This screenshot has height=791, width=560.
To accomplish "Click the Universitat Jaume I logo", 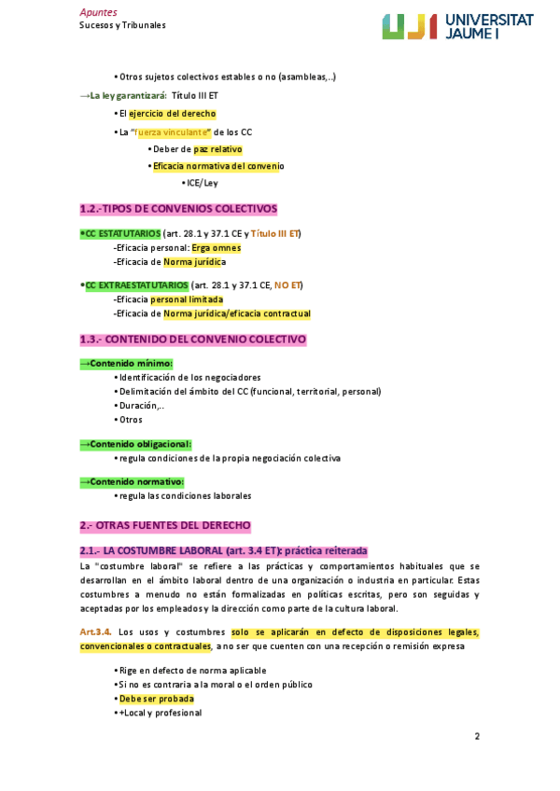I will click(456, 26).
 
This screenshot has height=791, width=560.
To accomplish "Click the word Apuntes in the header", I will click(98, 12).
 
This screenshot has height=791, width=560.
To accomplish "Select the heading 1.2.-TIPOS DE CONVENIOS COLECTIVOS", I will click(178, 208).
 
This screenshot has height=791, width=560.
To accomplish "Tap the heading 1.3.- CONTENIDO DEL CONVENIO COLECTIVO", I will click(193, 340).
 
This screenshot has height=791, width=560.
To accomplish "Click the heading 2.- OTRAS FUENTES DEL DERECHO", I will click(165, 526).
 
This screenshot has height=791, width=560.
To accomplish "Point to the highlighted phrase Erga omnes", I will click(216, 248).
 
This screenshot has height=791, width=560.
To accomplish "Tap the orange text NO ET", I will click(287, 284).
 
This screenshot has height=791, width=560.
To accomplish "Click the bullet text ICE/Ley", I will click(201, 182).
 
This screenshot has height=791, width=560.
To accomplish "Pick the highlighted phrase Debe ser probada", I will click(157, 699).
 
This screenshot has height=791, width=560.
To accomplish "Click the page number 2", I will click(477, 737).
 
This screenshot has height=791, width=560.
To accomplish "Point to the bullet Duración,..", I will click(142, 406).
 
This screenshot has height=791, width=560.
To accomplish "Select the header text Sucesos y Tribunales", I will click(122, 25).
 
